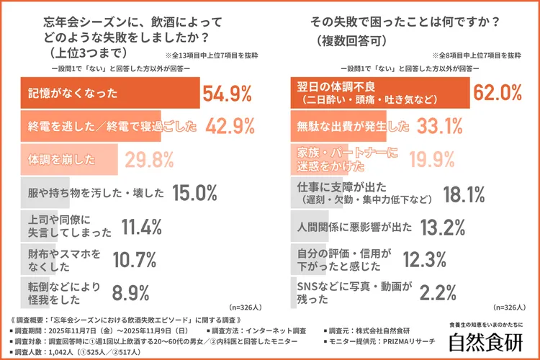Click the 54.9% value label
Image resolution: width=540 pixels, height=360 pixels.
point(227,94)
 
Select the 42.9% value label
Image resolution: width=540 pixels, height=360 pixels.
point(230,127)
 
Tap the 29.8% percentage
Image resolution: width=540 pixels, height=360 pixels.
point(150,159)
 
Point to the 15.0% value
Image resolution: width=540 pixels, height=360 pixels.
point(194,192)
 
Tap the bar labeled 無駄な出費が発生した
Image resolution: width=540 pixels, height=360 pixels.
point(338,127)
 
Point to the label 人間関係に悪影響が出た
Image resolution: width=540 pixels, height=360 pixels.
point(355,226)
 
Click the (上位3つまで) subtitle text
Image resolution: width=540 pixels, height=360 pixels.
point(86,53)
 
